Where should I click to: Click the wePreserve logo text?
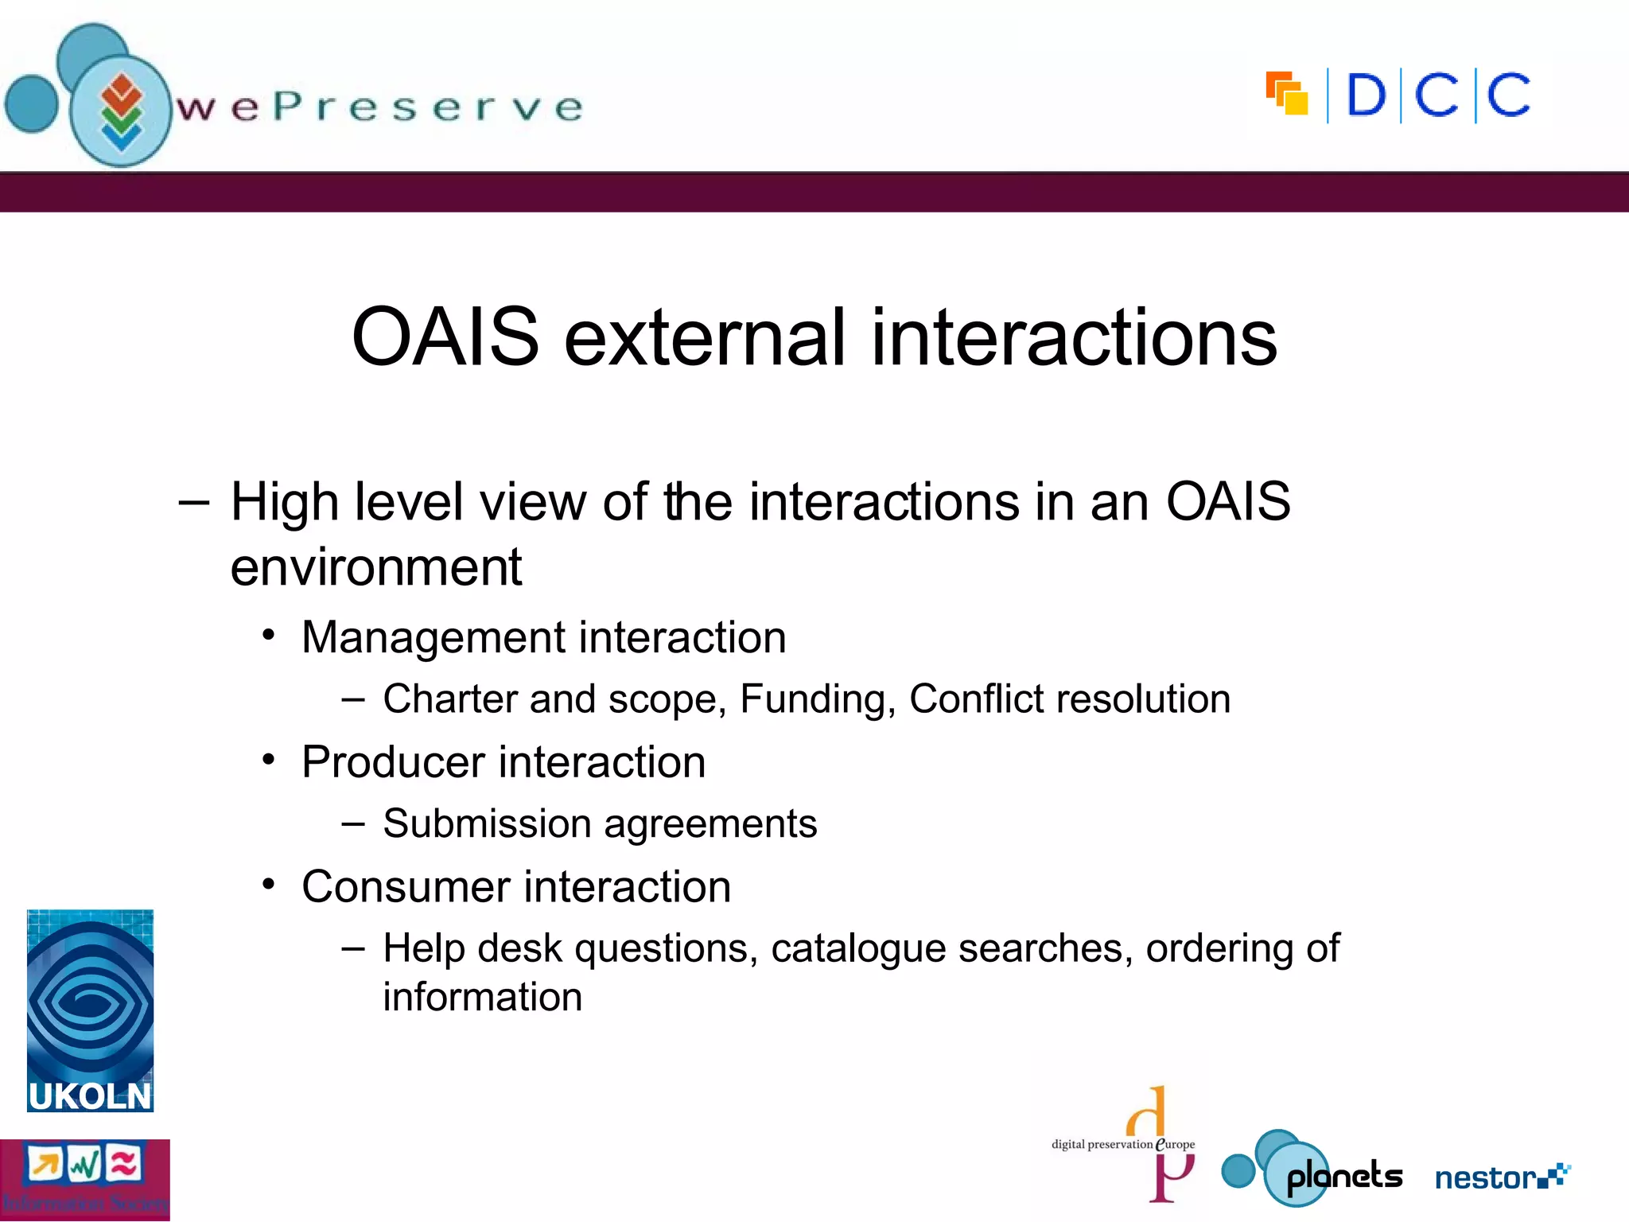[379, 107]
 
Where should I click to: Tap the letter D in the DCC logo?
[1366, 96]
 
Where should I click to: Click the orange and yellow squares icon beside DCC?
[1286, 94]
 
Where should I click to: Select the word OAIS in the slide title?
[445, 338]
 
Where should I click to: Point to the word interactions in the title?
[1074, 338]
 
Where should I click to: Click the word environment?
[375, 567]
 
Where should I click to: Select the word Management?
[433, 637]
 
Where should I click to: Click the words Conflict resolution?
[1070, 699]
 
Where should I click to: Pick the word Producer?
[393, 762]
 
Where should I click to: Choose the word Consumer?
[406, 886]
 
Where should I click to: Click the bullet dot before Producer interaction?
[269, 761]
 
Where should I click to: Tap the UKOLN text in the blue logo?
[90, 1096]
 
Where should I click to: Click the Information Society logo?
[84, 1179]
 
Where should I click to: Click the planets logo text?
[1344, 1177]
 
